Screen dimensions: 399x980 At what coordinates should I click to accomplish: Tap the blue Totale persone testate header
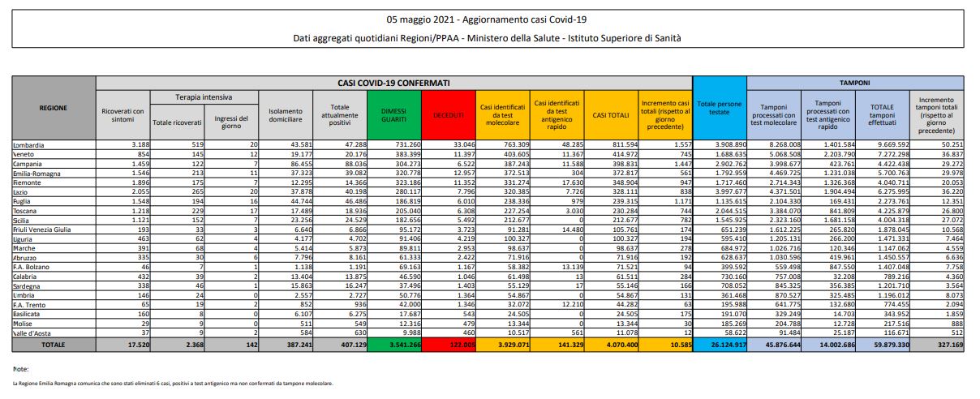point(718,107)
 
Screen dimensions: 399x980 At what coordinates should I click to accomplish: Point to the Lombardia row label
point(29,145)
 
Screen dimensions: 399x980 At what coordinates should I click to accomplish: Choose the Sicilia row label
point(25,219)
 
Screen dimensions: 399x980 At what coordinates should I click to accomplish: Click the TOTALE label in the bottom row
point(54,344)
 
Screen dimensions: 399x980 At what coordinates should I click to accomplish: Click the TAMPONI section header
point(854,83)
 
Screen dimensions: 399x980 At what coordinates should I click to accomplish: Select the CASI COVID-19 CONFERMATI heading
point(393,83)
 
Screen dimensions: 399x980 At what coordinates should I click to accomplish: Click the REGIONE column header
point(54,107)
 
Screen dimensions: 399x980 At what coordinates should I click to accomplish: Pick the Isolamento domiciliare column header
point(284,115)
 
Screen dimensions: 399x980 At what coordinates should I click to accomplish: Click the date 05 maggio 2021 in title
point(429,18)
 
